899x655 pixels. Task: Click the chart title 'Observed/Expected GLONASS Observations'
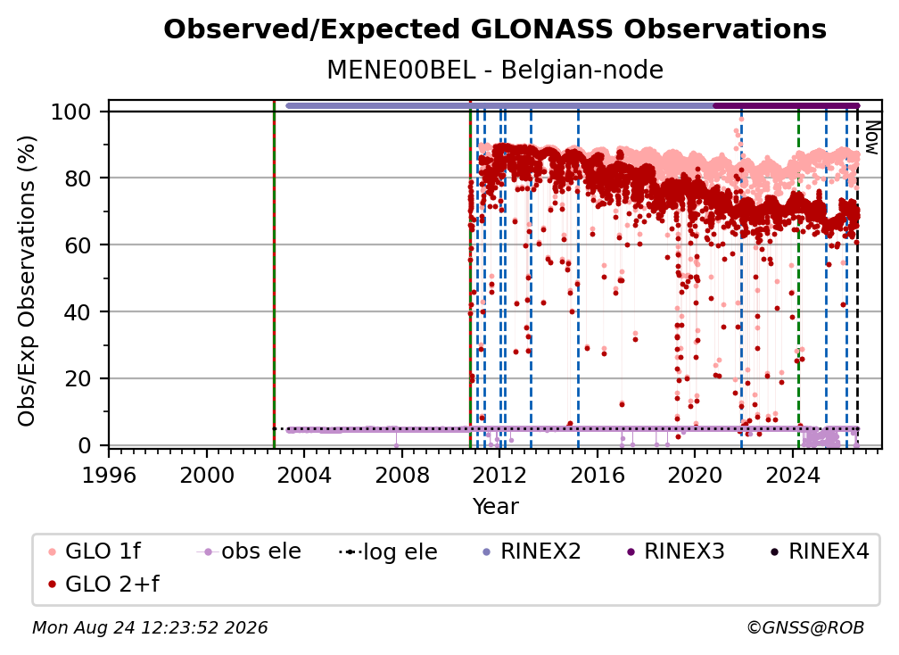(495, 29)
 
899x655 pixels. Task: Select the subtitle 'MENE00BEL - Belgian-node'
(495, 70)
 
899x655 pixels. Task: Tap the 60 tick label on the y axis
(78, 245)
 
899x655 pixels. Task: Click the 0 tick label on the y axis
(85, 445)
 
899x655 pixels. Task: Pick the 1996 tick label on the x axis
(109, 475)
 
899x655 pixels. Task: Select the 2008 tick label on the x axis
(402, 475)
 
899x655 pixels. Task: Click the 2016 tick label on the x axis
(597, 475)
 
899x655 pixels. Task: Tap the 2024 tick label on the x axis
(792, 475)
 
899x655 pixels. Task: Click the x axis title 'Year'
(495, 507)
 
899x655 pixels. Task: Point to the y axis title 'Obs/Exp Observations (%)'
(27, 280)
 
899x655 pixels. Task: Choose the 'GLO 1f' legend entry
(94, 551)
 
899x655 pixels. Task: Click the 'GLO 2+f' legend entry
(103, 584)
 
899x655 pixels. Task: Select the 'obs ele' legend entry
(248, 551)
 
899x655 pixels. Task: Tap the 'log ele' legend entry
(388, 551)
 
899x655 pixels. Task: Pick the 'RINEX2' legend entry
(532, 551)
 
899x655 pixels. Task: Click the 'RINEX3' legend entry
(675, 551)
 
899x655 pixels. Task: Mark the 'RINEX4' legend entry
(820, 551)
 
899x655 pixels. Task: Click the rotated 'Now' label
(871, 137)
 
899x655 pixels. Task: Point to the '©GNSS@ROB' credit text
(805, 627)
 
